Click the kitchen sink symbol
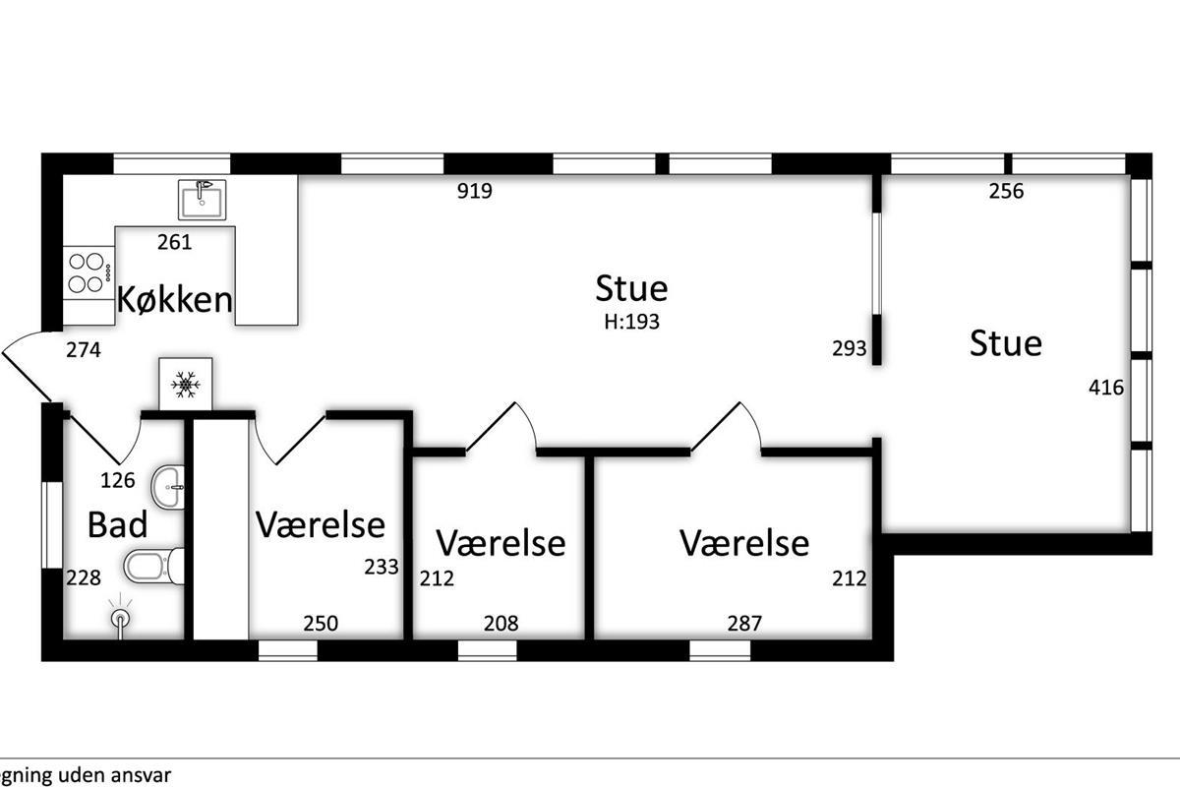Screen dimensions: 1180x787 [202, 200]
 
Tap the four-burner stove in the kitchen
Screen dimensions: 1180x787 [88, 272]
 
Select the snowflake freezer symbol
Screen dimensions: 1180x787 [186, 385]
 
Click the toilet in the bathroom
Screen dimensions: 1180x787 [153, 566]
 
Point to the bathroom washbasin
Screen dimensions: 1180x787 [168, 487]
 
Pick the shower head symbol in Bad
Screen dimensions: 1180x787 [121, 616]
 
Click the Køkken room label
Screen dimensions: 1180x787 [174, 299]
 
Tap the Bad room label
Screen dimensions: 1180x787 [117, 525]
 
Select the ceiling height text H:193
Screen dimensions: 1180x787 [631, 322]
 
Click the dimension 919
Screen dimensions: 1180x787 [475, 191]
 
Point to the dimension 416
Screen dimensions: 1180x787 [1106, 388]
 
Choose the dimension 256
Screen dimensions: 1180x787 [1006, 191]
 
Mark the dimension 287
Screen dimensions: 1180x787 [744, 624]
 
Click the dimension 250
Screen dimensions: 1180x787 [321, 624]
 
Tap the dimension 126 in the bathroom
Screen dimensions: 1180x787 [117, 480]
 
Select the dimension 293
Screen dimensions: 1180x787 [850, 348]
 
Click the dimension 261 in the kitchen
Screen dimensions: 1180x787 [174, 242]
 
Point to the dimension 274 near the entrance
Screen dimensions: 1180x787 [84, 350]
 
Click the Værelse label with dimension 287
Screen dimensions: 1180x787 [744, 543]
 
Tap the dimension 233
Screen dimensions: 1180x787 [382, 568]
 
